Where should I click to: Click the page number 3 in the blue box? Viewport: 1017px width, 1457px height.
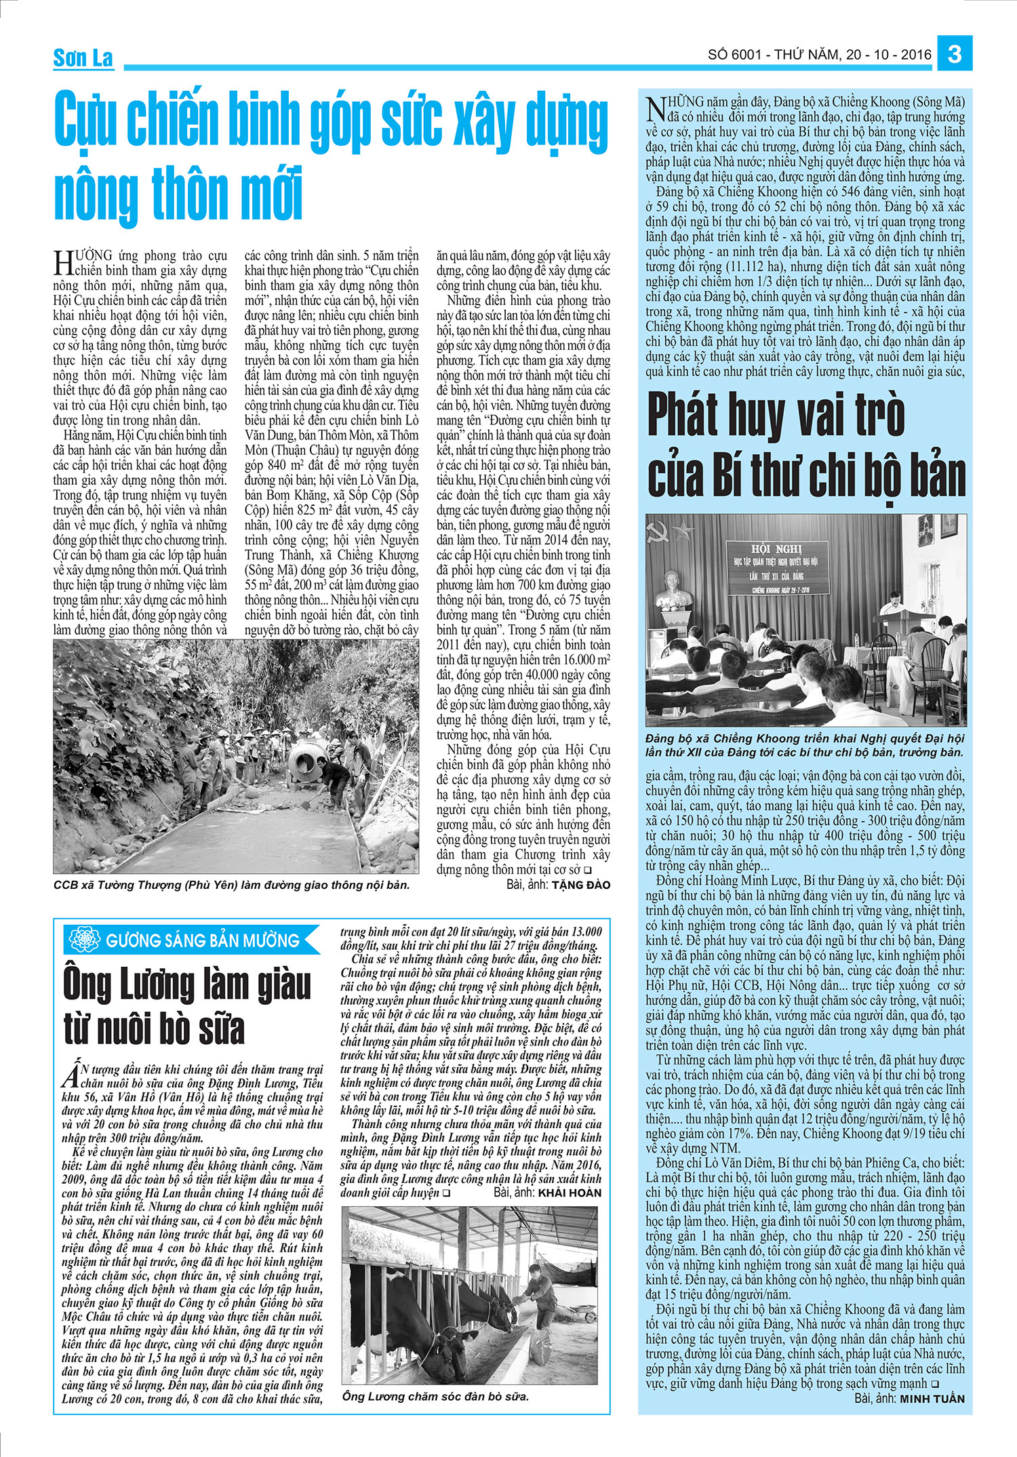(955, 54)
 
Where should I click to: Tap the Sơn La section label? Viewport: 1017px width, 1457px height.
(83, 58)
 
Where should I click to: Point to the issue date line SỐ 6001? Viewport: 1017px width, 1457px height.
(820, 54)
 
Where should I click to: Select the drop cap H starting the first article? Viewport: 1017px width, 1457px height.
(63, 262)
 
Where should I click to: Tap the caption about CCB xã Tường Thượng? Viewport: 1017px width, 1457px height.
(231, 885)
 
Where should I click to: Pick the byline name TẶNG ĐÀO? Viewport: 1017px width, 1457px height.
(580, 885)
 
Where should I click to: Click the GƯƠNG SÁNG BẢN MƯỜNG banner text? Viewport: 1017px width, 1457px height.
(202, 940)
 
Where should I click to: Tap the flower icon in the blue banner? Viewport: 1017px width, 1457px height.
(85, 940)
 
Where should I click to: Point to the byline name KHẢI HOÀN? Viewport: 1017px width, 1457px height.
(569, 1193)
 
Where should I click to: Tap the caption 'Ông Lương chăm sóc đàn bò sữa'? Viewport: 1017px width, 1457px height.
(435, 1396)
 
